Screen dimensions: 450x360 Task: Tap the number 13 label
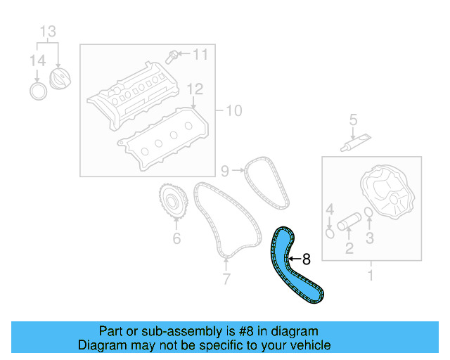tap(46, 32)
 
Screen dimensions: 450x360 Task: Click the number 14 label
tap(37, 62)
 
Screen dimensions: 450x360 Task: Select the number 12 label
tap(195, 89)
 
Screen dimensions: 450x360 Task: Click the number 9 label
tap(225, 170)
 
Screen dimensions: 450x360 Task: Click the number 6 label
tap(176, 238)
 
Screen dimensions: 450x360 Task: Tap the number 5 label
tap(353, 120)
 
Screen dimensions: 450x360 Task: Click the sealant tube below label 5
tap(350, 144)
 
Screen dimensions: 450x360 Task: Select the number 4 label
tap(329, 209)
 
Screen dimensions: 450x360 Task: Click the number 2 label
tap(349, 247)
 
